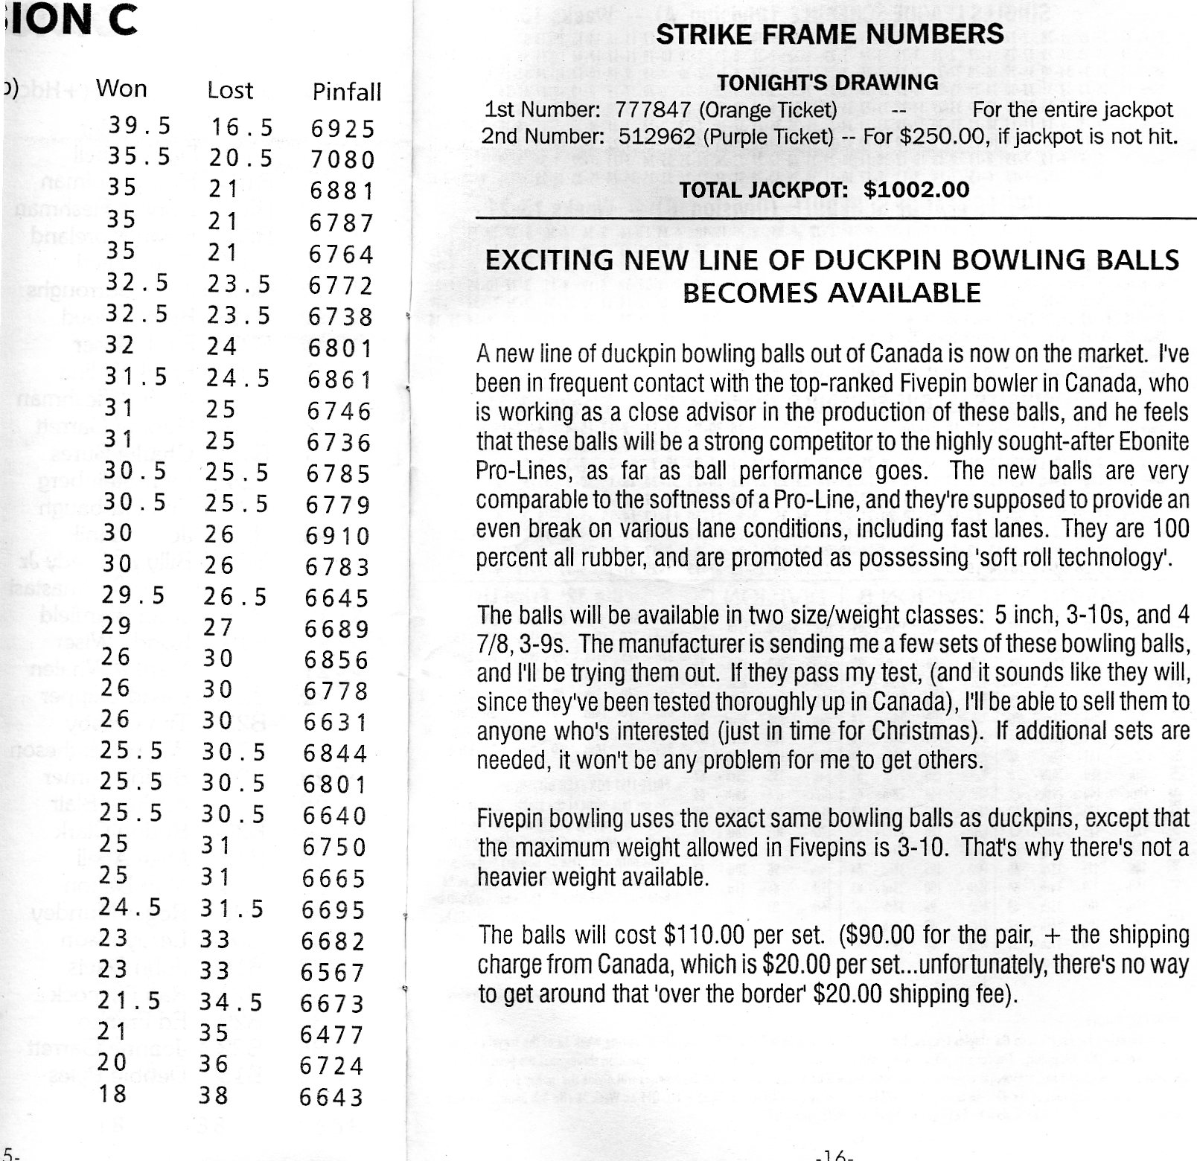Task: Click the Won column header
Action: [x=121, y=89]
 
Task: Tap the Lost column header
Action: [x=230, y=90]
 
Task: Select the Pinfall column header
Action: [x=346, y=92]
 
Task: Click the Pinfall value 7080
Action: [x=343, y=160]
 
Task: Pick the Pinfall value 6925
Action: [x=343, y=129]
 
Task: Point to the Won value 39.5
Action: [x=140, y=125]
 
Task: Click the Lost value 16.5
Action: [x=242, y=127]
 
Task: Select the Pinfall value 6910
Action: [x=338, y=536]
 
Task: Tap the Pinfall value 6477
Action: [x=332, y=1034]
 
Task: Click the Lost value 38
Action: [x=213, y=1095]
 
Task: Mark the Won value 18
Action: [x=112, y=1093]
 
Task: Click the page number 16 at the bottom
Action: [x=833, y=1155]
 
